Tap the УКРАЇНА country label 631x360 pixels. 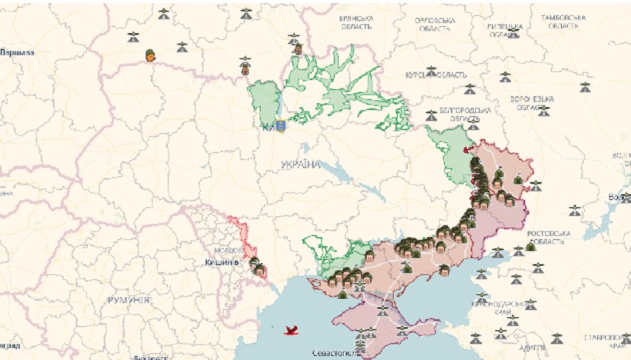click(x=300, y=165)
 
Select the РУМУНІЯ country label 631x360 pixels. click(x=129, y=298)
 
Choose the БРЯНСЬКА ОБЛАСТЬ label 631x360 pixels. click(x=357, y=22)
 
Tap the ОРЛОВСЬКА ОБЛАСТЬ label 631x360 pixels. click(x=435, y=24)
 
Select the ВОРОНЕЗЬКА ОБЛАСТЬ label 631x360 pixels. click(x=532, y=104)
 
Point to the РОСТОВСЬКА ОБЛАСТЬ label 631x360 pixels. click(x=547, y=237)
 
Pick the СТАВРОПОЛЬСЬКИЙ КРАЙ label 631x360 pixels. click(x=606, y=341)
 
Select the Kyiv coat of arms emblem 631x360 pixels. click(x=280, y=125)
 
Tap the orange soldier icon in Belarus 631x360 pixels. click(x=150, y=55)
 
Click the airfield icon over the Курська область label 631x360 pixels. click(x=432, y=71)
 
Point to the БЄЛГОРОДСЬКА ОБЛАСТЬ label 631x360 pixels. click(x=456, y=115)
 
